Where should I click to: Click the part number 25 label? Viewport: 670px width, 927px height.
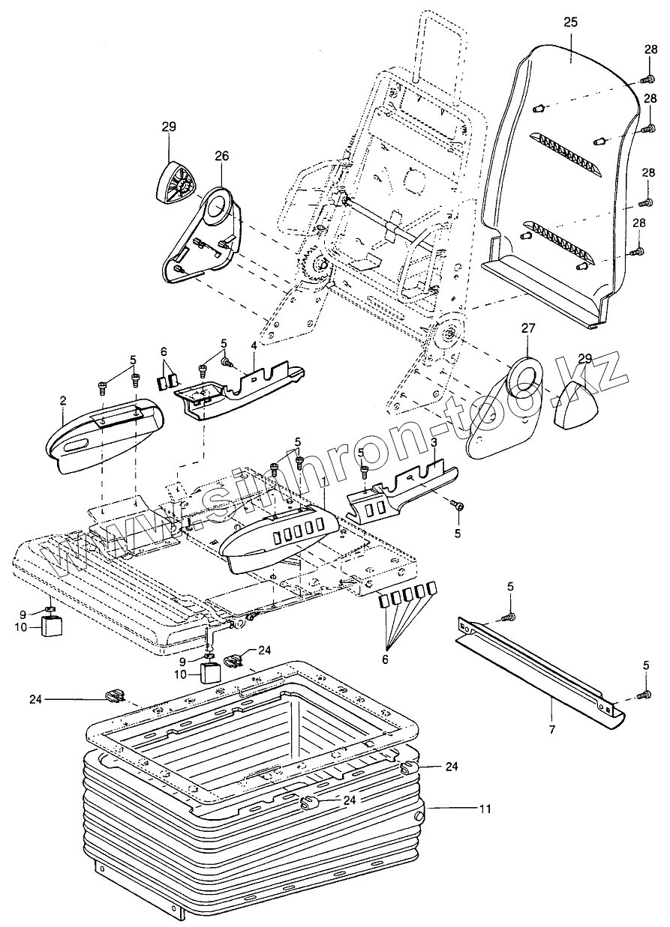570,22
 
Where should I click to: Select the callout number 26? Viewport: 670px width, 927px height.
223,156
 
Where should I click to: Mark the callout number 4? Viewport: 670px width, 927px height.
254,345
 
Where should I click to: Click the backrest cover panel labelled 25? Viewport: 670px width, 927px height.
555,172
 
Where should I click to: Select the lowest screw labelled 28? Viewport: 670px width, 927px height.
638,252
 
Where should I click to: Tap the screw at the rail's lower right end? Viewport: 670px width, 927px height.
644,697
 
